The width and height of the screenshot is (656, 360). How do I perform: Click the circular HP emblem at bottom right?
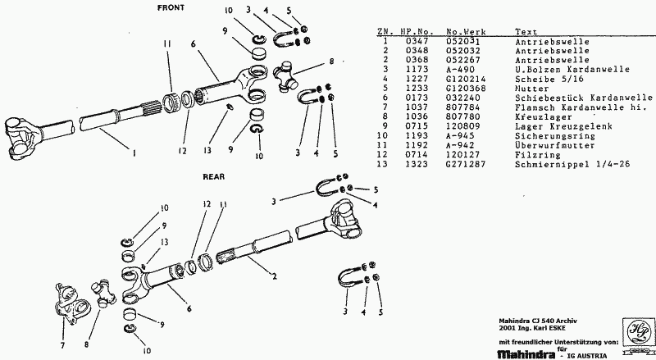coord(635,330)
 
